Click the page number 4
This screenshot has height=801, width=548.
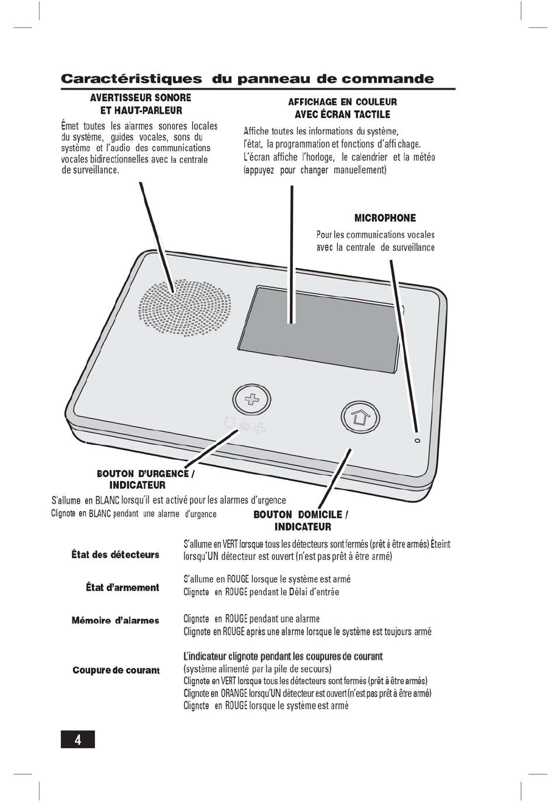point(78,739)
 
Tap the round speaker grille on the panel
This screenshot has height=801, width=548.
point(186,307)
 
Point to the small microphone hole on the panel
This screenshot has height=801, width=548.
point(417,440)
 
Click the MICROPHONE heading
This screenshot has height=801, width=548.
point(385,218)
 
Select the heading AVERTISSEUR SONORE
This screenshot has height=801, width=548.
point(141,97)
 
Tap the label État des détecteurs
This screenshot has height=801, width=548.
point(115,554)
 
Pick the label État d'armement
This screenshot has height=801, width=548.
point(122,587)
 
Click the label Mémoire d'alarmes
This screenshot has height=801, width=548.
point(115,621)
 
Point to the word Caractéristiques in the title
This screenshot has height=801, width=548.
point(131,79)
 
